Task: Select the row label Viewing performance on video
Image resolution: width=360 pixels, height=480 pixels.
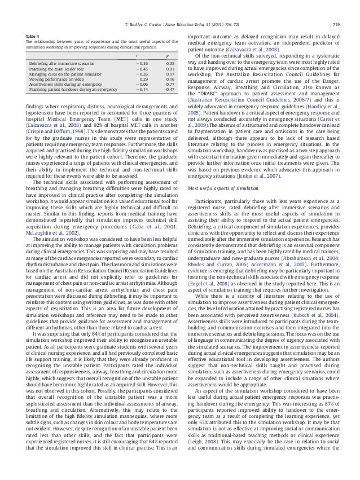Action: pyautogui.click(x=56, y=80)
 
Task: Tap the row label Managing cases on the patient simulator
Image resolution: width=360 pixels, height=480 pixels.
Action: pyautogui.click(x=64, y=74)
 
